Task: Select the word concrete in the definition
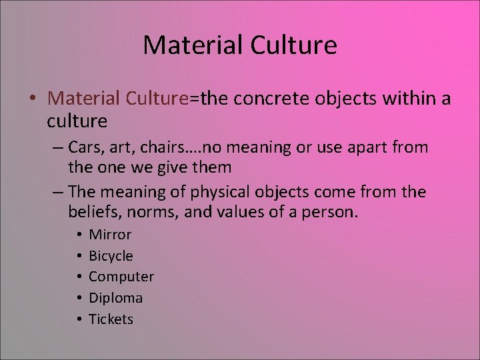tap(268, 99)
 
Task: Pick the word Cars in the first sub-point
tap(85, 147)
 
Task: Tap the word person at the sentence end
tap(333, 213)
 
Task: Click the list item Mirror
tap(110, 235)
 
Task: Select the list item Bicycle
tap(111, 256)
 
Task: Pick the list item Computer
tap(121, 277)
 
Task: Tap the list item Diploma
tap(115, 298)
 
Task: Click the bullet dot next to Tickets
tap(79, 319)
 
